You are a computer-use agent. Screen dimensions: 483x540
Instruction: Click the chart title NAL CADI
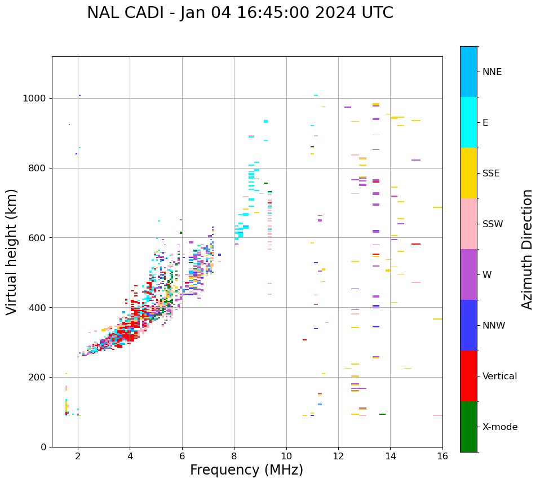[240, 13]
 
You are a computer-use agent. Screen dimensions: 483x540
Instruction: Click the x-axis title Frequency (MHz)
[246, 470]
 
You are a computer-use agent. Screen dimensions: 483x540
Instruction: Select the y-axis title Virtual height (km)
[12, 252]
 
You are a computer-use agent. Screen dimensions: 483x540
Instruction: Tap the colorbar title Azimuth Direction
[527, 249]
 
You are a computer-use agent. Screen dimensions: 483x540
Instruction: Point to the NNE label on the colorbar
[492, 72]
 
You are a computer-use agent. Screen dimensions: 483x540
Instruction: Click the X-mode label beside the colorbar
[499, 427]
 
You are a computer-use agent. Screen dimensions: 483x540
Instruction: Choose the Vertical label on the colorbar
[499, 376]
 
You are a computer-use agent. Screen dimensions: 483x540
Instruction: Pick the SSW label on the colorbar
[493, 224]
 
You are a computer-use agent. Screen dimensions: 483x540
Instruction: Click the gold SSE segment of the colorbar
[468, 173]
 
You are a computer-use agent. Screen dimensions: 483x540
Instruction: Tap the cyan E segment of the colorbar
[468, 122]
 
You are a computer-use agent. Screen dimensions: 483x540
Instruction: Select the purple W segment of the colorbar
[468, 274]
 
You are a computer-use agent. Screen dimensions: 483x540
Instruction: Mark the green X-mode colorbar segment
[468, 427]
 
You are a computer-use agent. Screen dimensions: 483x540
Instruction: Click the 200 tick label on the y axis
[39, 377]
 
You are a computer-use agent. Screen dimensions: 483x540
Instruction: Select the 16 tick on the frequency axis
[442, 455]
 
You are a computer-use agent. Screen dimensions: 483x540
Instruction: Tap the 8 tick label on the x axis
[234, 455]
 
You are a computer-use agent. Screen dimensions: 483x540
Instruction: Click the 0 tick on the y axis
[43, 447]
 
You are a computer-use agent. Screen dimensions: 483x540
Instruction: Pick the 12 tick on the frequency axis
[338, 455]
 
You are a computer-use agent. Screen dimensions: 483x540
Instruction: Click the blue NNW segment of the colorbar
[468, 325]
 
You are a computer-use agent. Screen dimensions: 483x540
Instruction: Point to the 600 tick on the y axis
[39, 238]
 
